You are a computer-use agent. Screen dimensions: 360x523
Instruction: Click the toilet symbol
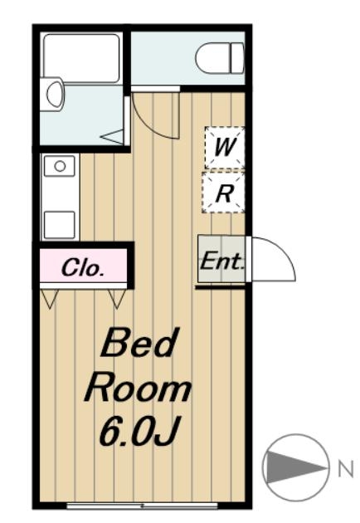pyautogui.click(x=220, y=58)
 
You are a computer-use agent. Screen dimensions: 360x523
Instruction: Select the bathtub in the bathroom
pyautogui.click(x=81, y=58)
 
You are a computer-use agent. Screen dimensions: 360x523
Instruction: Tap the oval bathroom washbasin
pyautogui.click(x=55, y=93)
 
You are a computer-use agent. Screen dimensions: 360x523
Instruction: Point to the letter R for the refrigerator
pyautogui.click(x=224, y=193)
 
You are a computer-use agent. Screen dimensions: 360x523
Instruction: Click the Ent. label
pyautogui.click(x=221, y=261)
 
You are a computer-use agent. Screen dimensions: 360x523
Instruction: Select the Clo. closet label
pyautogui.click(x=82, y=268)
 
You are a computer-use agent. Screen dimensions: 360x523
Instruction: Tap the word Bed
pyautogui.click(x=139, y=342)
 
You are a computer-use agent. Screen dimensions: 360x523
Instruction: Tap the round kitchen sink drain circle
pyautogui.click(x=60, y=166)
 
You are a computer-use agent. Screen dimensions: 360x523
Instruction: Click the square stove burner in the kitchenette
pyautogui.click(x=60, y=224)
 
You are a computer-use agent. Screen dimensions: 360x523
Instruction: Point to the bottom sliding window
pyautogui.click(x=142, y=506)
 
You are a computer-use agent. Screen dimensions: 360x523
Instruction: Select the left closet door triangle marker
pyautogui.click(x=50, y=299)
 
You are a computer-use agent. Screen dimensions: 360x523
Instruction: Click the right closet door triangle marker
pyautogui.click(x=117, y=299)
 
